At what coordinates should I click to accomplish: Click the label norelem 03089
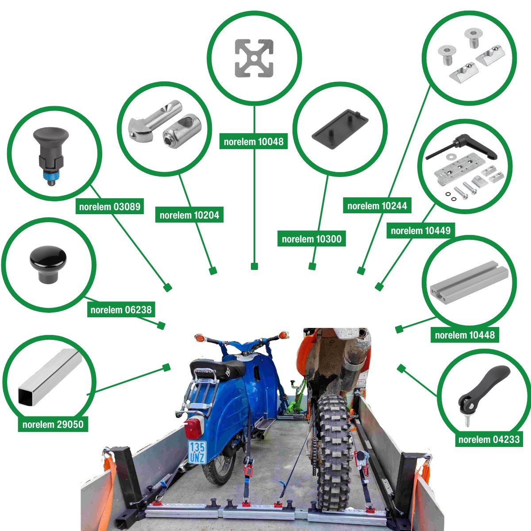110,207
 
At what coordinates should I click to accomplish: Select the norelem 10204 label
189,215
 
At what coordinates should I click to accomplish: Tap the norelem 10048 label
254,142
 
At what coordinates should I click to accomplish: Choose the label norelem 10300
312,239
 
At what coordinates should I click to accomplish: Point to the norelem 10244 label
377,206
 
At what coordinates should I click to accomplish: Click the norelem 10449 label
420,231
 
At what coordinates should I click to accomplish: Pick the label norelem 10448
465,335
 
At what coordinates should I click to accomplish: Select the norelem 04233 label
489,439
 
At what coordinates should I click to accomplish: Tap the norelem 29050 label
53,424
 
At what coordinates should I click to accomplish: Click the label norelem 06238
121,310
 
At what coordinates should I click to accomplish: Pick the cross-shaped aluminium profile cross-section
254,58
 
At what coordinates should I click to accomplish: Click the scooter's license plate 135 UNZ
196,452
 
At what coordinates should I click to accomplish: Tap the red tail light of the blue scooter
193,428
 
